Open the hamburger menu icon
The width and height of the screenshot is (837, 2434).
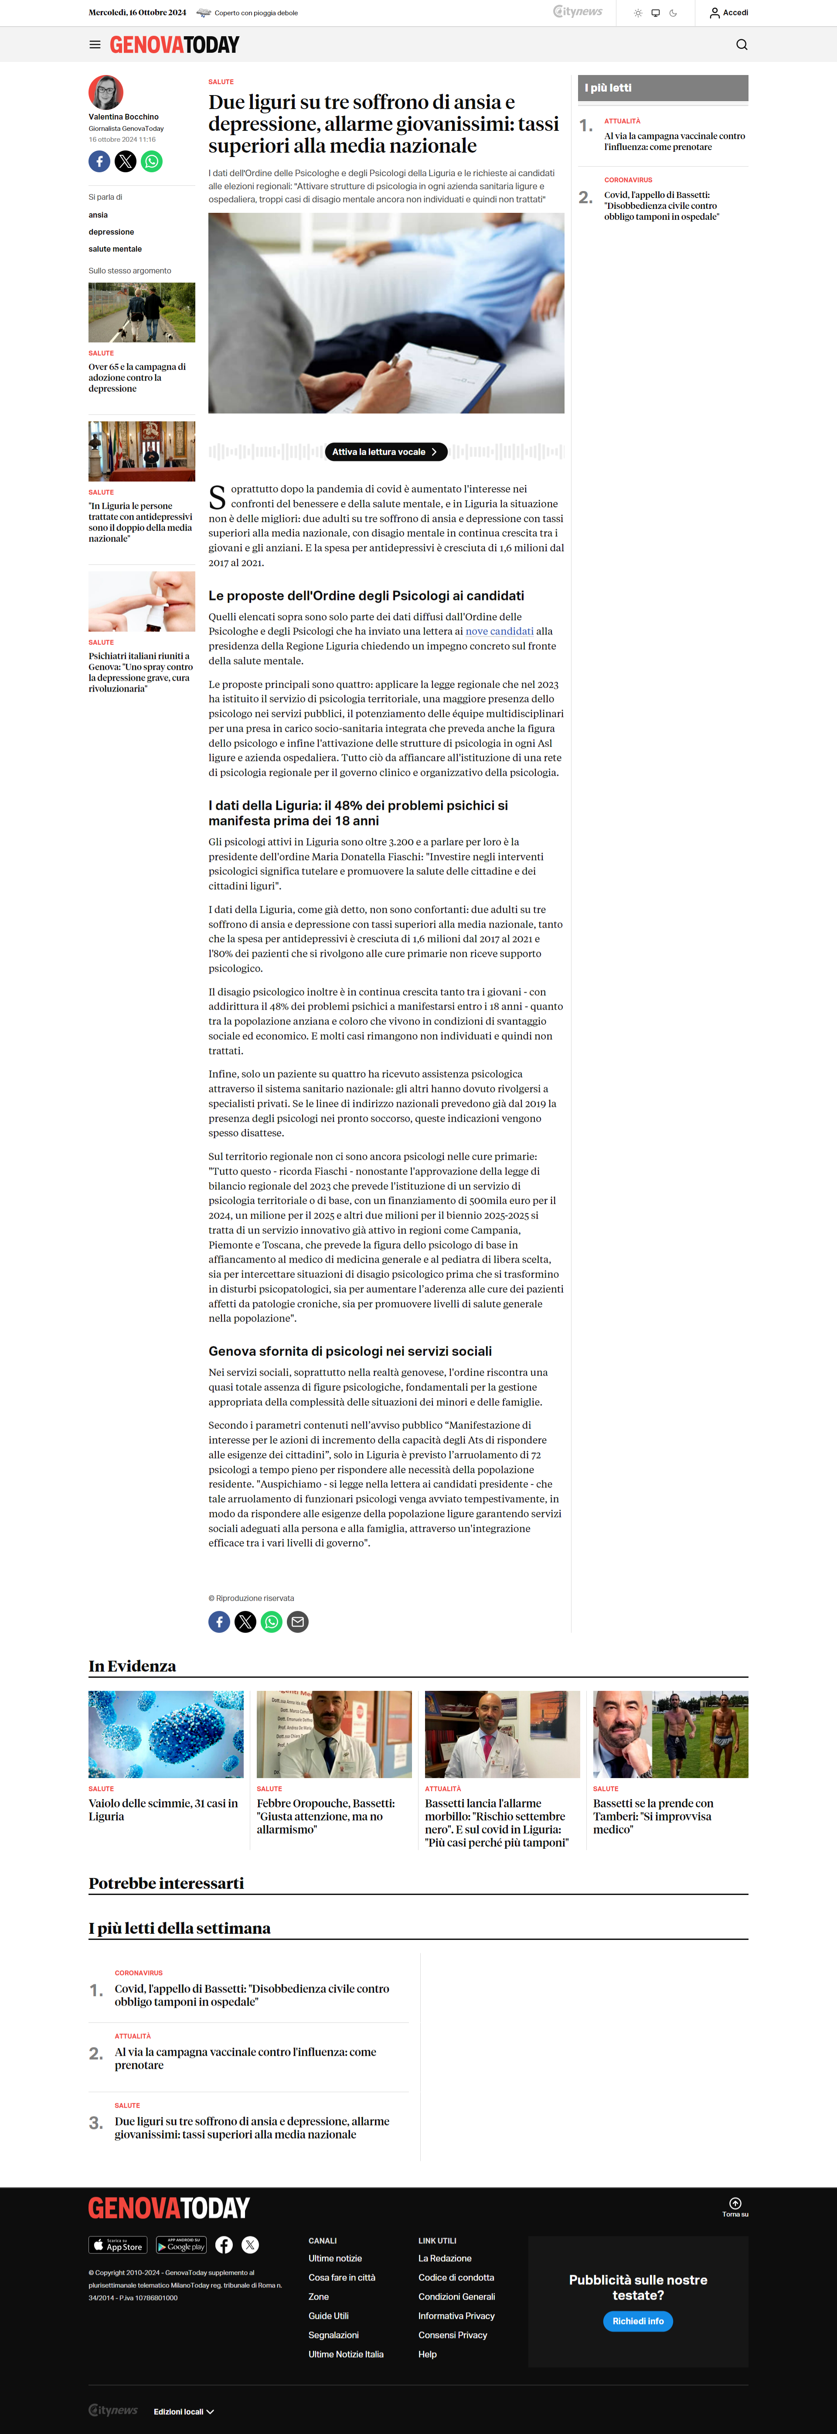pyautogui.click(x=95, y=44)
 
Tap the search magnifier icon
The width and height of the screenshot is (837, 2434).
pyautogui.click(x=742, y=44)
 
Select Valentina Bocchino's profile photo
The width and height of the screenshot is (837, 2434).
pyautogui.click(x=106, y=92)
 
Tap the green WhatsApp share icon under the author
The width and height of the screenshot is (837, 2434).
pyautogui.click(x=151, y=161)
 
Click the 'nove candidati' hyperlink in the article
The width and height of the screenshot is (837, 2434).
pyautogui.click(x=499, y=631)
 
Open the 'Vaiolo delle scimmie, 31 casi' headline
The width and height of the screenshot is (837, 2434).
pyautogui.click(x=163, y=1809)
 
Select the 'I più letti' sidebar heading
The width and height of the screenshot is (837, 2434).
pyautogui.click(x=609, y=88)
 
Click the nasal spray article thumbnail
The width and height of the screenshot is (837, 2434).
pyautogui.click(x=142, y=602)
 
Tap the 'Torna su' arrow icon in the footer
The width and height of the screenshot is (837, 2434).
pyautogui.click(x=735, y=2203)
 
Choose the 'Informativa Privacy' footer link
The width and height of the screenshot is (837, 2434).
pyautogui.click(x=456, y=2316)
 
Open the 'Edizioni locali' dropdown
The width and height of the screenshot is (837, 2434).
pyautogui.click(x=183, y=2411)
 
